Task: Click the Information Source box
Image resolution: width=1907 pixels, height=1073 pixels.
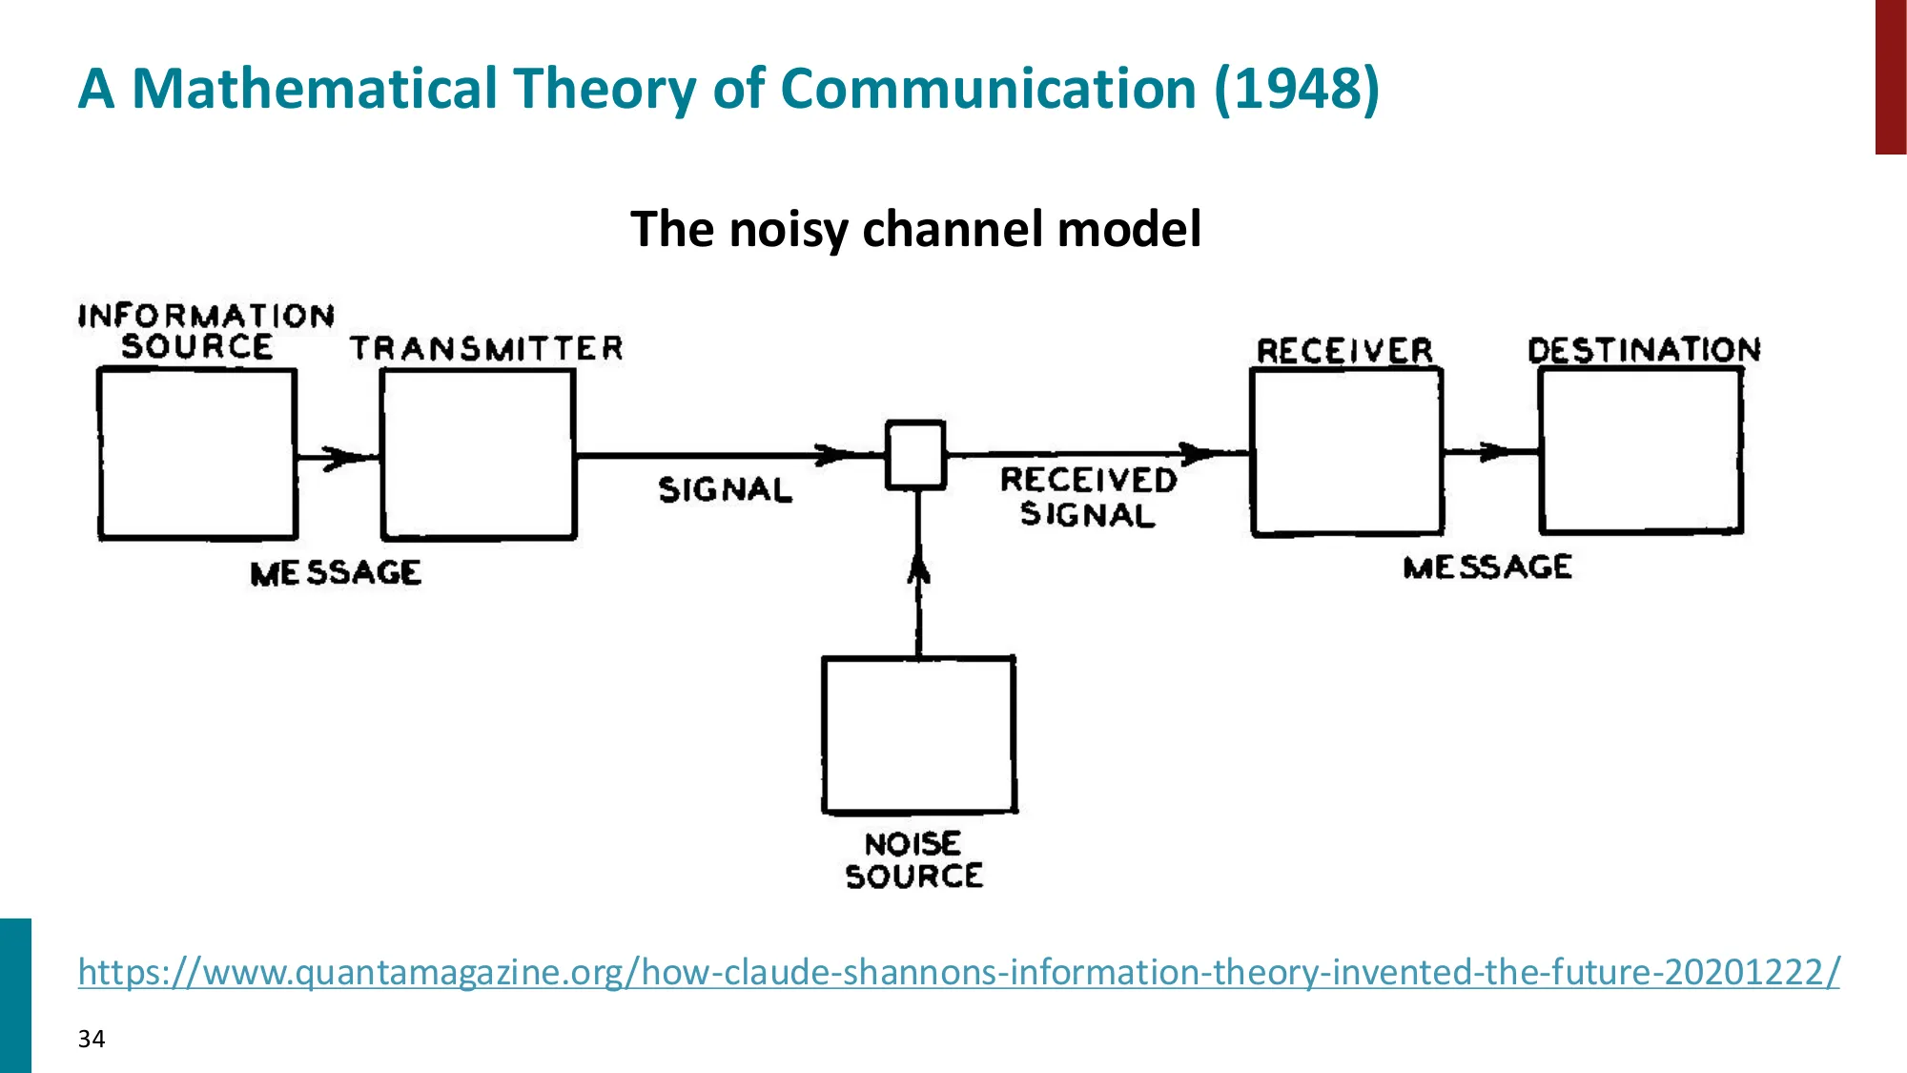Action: coord(197,454)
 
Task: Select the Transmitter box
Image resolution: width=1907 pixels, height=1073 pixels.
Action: coord(479,454)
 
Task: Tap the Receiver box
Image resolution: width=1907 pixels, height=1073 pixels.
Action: coord(1346,452)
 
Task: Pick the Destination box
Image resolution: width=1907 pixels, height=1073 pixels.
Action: coord(1641,450)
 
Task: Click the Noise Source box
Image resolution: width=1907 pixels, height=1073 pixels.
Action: coord(919,734)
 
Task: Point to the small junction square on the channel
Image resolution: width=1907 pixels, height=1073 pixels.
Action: coord(915,455)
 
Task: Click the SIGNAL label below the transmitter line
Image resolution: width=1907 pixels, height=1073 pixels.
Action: coord(725,490)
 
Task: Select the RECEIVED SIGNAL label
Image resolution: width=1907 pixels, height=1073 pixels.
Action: coord(1088,497)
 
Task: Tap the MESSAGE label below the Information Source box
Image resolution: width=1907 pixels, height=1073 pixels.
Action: coord(336,573)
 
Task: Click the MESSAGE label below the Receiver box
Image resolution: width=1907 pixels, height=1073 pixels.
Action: coord(1487,567)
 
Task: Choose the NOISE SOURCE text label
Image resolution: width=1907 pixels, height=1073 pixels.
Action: coord(913,860)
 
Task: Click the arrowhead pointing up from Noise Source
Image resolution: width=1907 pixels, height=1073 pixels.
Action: coord(918,569)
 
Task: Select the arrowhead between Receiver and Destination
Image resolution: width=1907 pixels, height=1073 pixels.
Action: coord(1493,451)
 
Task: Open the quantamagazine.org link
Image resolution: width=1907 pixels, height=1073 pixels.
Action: coord(958,972)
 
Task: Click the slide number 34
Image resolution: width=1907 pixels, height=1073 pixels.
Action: coord(92,1039)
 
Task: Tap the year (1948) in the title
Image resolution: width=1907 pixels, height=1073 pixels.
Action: coord(1297,89)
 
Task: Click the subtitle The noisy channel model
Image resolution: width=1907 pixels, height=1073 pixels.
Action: coord(915,229)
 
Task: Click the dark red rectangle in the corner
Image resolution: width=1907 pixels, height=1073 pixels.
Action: coord(1890,76)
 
